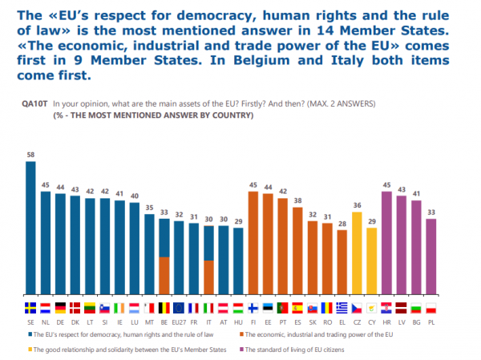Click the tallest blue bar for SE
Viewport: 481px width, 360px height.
click(x=30, y=229)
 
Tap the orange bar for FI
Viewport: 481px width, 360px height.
click(x=253, y=245)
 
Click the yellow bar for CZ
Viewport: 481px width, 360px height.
click(x=357, y=257)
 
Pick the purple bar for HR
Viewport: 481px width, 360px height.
click(x=386, y=245)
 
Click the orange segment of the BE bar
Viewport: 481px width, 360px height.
click(x=164, y=276)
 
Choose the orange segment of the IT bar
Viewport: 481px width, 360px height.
click(x=208, y=278)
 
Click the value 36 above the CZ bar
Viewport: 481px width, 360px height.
click(x=357, y=204)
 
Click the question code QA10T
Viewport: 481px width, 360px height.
click(x=37, y=104)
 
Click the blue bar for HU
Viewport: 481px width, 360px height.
click(x=238, y=262)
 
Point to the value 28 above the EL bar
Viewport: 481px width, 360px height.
click(x=342, y=224)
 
